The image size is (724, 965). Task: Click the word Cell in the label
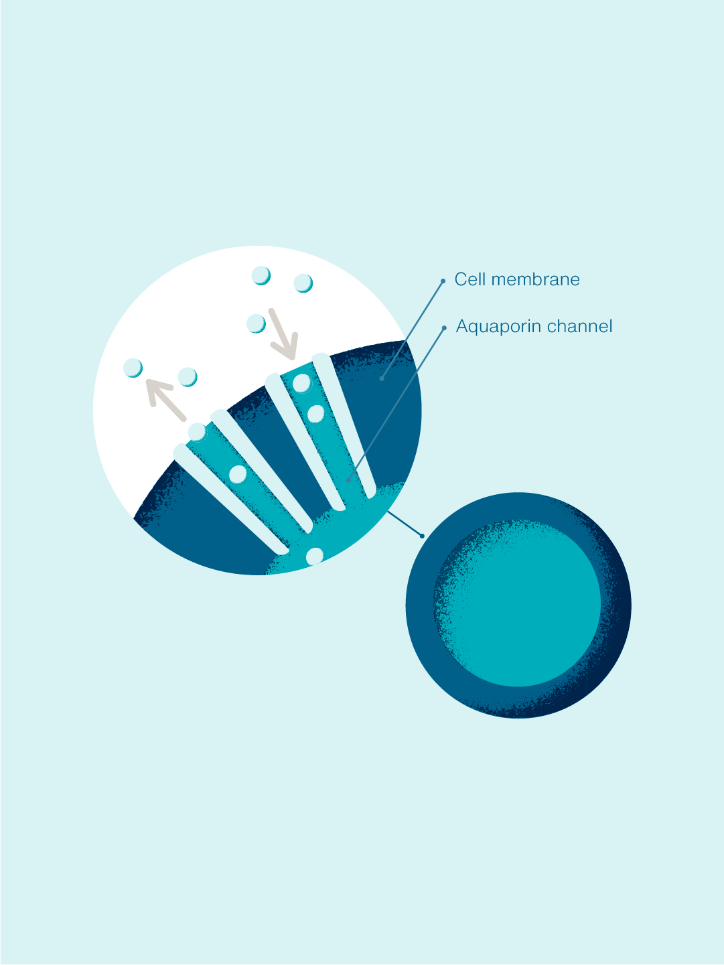[469, 279]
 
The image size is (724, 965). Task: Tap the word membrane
[535, 279]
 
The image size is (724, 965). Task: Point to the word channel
[579, 326]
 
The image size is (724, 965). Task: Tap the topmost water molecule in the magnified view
[261, 276]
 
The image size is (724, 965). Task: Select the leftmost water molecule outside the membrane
[133, 368]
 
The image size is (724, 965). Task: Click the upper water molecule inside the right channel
[302, 383]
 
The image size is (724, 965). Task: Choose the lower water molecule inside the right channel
[315, 414]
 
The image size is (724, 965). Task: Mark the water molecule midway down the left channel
[238, 474]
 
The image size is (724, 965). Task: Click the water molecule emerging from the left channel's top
[198, 432]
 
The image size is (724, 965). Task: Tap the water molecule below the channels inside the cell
[315, 556]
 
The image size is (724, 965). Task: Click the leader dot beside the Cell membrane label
[443, 281]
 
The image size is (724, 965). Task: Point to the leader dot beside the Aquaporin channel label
[444, 328]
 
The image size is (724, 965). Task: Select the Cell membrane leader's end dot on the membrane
[382, 378]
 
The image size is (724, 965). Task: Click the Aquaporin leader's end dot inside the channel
[348, 481]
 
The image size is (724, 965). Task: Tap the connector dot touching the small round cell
[422, 536]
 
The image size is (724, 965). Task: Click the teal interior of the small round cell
[518, 603]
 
